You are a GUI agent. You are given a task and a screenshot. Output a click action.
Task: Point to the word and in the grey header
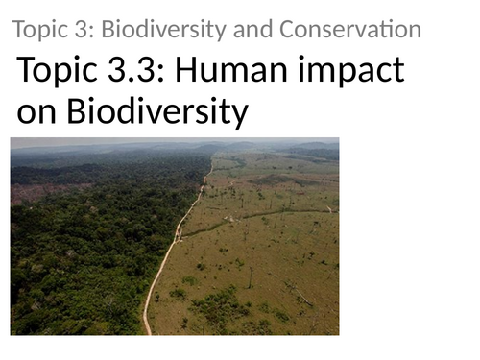[x=234, y=30]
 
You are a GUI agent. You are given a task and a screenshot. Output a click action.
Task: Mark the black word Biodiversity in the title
[x=158, y=113]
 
